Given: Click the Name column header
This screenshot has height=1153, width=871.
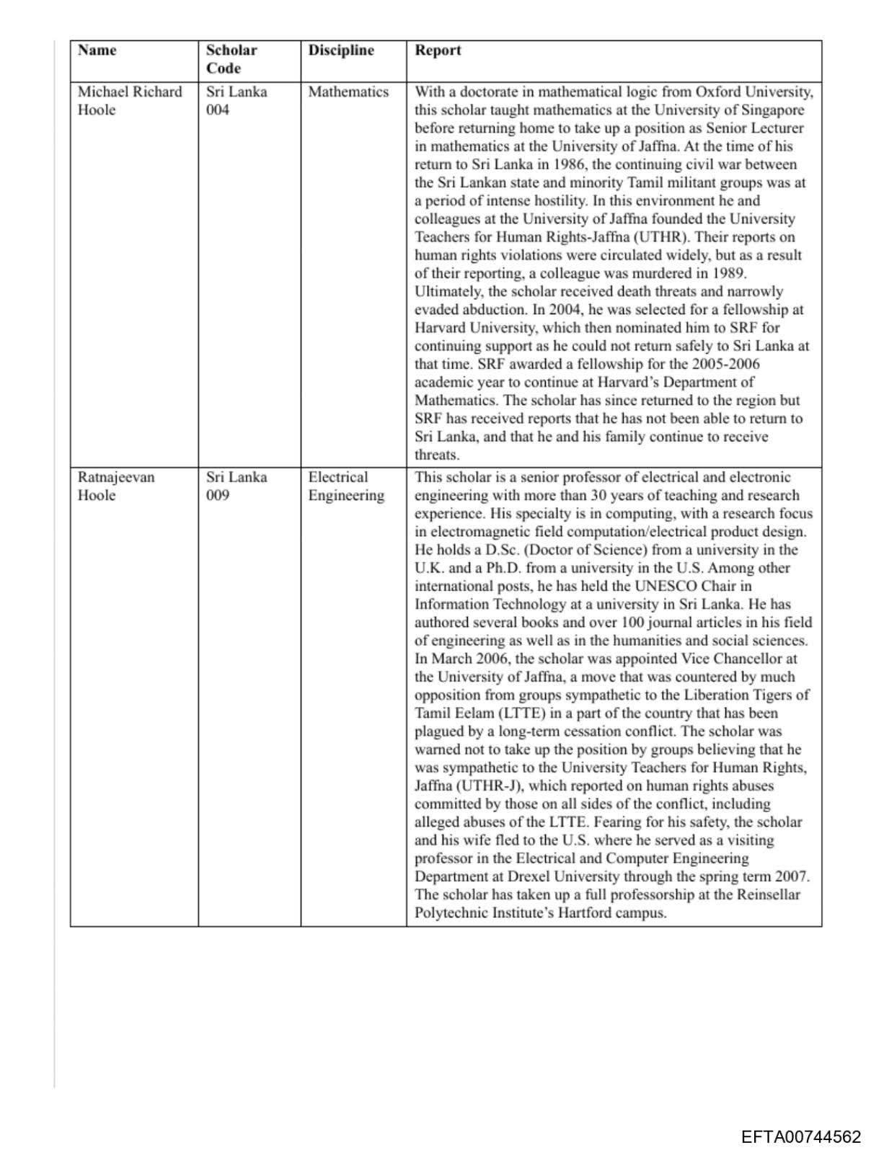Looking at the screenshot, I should pos(97,50).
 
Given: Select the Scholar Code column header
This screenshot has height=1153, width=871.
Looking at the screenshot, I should pos(231,59).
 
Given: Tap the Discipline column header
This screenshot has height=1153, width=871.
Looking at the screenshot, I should pos(341,50).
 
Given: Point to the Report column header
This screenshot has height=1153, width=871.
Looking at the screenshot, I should pos(438,50).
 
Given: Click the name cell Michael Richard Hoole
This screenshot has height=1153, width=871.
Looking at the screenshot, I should pos(130,101).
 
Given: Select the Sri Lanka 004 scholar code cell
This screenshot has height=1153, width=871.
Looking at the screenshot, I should pos(236,101).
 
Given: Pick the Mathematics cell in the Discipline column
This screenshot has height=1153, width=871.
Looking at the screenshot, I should pos(348,92).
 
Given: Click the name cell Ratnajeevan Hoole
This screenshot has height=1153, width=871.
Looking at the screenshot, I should pos(115,486).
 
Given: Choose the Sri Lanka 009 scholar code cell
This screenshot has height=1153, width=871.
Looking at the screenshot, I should pos(236,486).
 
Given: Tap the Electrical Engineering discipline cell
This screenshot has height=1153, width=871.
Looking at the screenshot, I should pos(346,486).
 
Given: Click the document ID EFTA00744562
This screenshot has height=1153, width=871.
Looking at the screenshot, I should pos(800,1137).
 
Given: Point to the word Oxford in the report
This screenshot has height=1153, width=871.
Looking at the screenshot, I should pos(717,92).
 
